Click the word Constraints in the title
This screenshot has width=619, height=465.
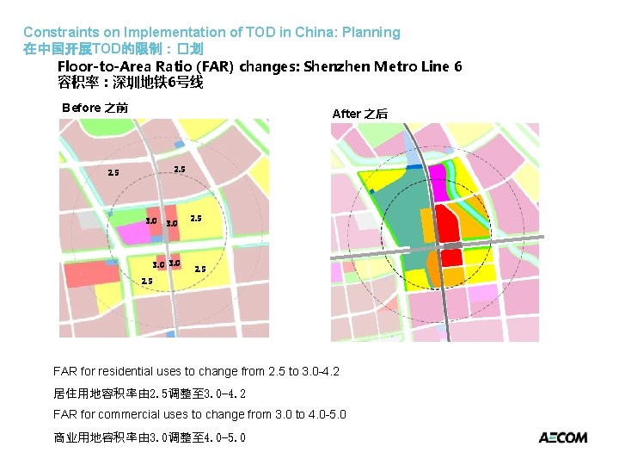coord(56,33)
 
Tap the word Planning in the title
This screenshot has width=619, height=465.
coord(371,33)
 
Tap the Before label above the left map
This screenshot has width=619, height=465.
coord(82,108)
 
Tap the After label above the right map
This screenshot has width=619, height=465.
coord(346,114)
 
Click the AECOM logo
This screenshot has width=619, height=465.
coord(563,437)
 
